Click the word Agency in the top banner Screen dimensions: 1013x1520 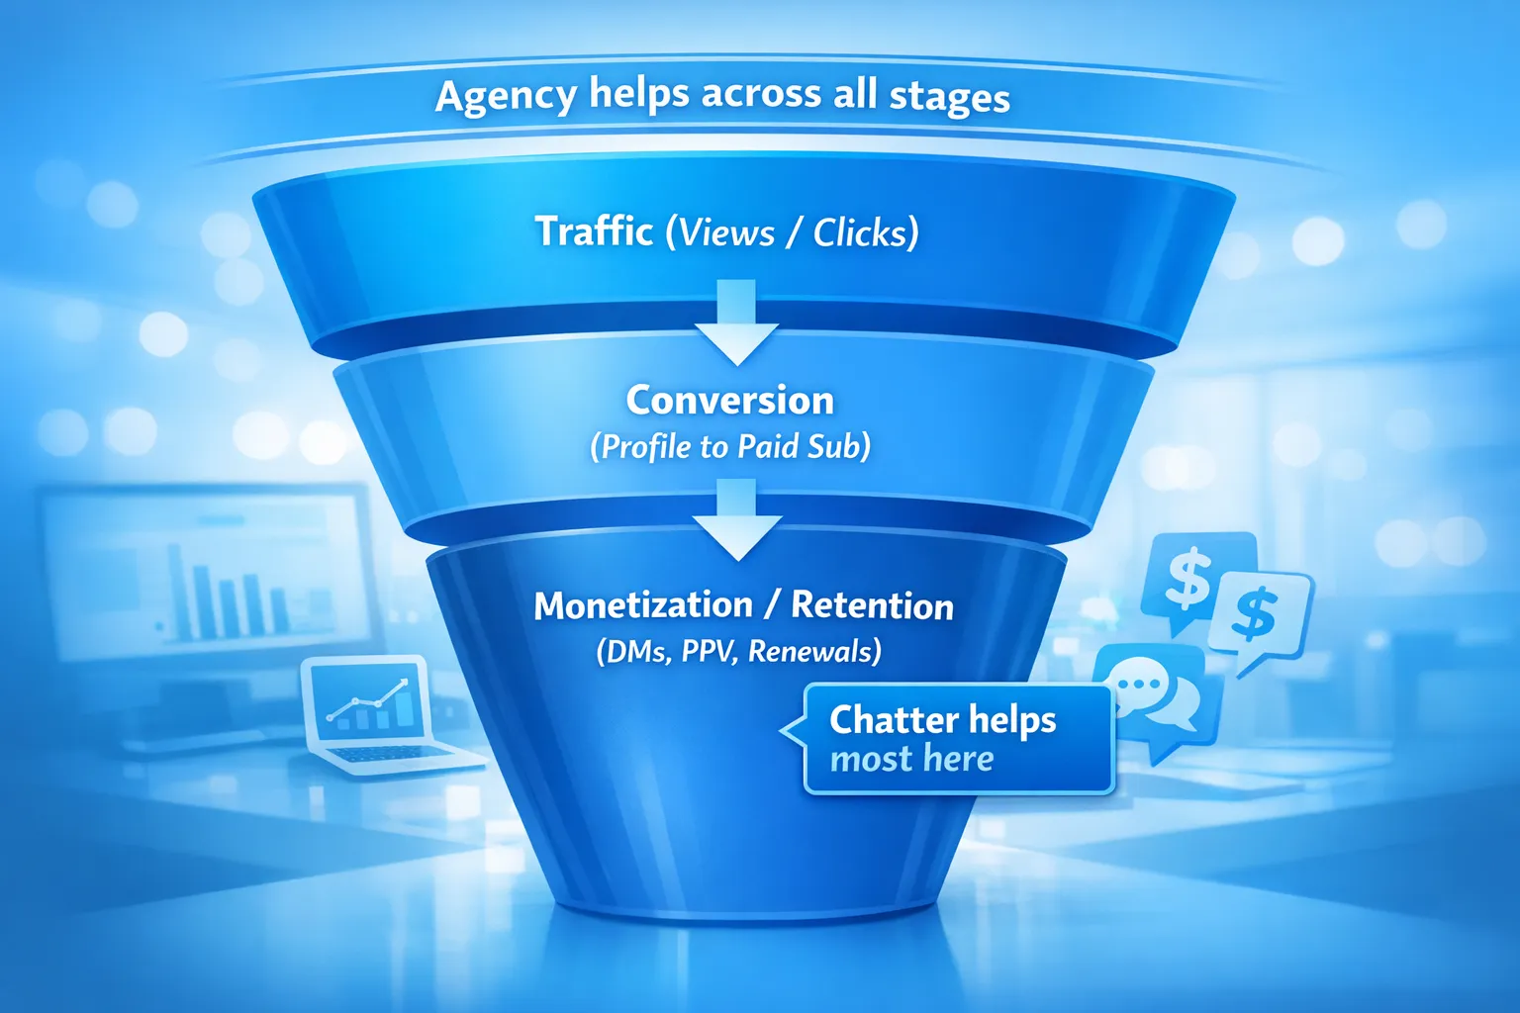coord(505,97)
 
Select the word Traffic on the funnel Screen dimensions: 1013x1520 coord(594,231)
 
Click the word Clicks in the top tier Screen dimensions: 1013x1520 coord(860,233)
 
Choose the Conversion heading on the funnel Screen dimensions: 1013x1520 coord(730,401)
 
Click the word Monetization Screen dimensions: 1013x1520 coord(643,605)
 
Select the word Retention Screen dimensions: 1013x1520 coord(872,605)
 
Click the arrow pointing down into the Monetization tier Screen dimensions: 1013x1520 coord(736,520)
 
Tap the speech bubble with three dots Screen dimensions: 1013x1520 coord(1138,684)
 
